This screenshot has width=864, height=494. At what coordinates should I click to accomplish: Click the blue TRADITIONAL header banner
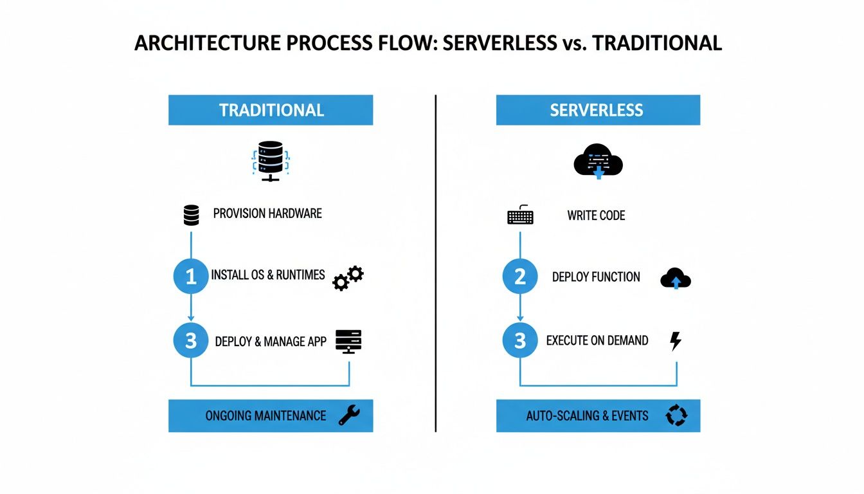(x=271, y=110)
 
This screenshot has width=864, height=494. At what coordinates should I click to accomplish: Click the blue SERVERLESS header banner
(x=597, y=110)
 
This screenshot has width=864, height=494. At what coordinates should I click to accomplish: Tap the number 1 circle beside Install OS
(x=191, y=277)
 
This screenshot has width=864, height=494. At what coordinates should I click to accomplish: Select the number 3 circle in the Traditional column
(x=191, y=340)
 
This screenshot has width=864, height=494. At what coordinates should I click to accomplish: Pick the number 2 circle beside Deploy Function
(x=519, y=277)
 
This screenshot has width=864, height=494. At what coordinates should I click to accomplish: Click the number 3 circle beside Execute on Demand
(x=519, y=340)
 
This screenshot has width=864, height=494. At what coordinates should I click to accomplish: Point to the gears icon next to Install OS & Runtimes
(x=348, y=279)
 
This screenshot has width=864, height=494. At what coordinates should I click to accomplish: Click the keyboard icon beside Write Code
(x=520, y=215)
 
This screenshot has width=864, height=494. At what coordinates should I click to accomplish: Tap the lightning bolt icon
(x=675, y=341)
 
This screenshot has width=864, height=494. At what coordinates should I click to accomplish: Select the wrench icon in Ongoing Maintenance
(x=349, y=416)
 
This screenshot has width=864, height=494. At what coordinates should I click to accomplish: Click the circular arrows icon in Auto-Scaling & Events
(x=676, y=416)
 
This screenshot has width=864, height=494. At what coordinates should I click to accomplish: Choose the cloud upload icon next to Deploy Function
(x=675, y=279)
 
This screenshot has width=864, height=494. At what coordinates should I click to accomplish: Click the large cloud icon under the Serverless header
(x=598, y=161)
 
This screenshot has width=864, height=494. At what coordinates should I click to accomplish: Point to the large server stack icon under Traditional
(x=270, y=161)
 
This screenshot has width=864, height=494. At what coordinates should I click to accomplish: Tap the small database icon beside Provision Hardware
(x=191, y=215)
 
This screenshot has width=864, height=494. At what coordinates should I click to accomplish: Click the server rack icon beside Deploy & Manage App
(x=348, y=341)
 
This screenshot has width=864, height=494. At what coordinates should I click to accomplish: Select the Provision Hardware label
(x=267, y=214)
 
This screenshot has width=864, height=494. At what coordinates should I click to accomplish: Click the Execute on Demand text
(x=597, y=340)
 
